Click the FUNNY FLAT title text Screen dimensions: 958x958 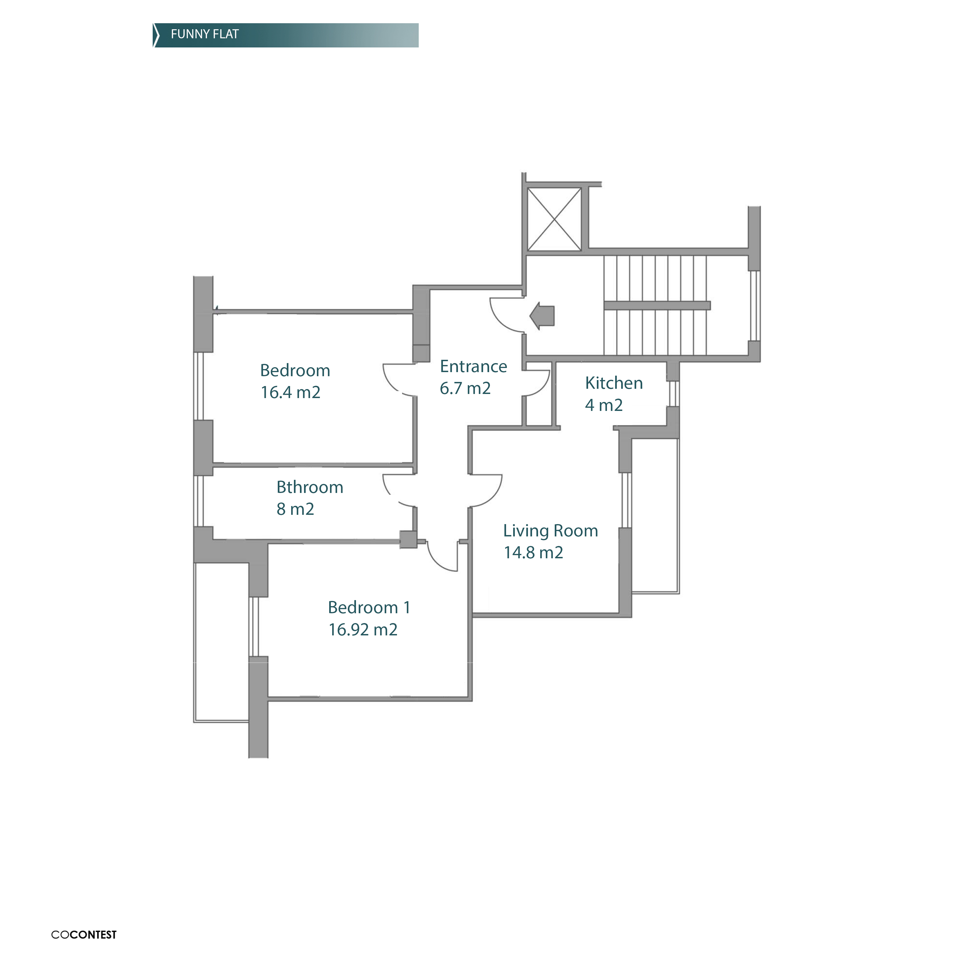pos(205,34)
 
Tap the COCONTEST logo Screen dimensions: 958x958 pos(84,935)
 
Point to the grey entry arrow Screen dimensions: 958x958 pos(542,316)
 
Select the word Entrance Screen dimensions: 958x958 pos(474,366)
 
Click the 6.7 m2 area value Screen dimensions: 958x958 pos(465,388)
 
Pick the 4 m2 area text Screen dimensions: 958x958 pos(603,405)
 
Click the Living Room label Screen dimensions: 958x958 pos(550,531)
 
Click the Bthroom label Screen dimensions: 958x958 pos(310,487)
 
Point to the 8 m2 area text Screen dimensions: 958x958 pos(295,509)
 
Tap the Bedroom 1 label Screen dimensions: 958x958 pos(369,607)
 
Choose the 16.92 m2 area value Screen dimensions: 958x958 pos(363,630)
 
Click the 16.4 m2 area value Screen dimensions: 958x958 pos(291,393)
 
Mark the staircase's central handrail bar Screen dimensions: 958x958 pos(657,305)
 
